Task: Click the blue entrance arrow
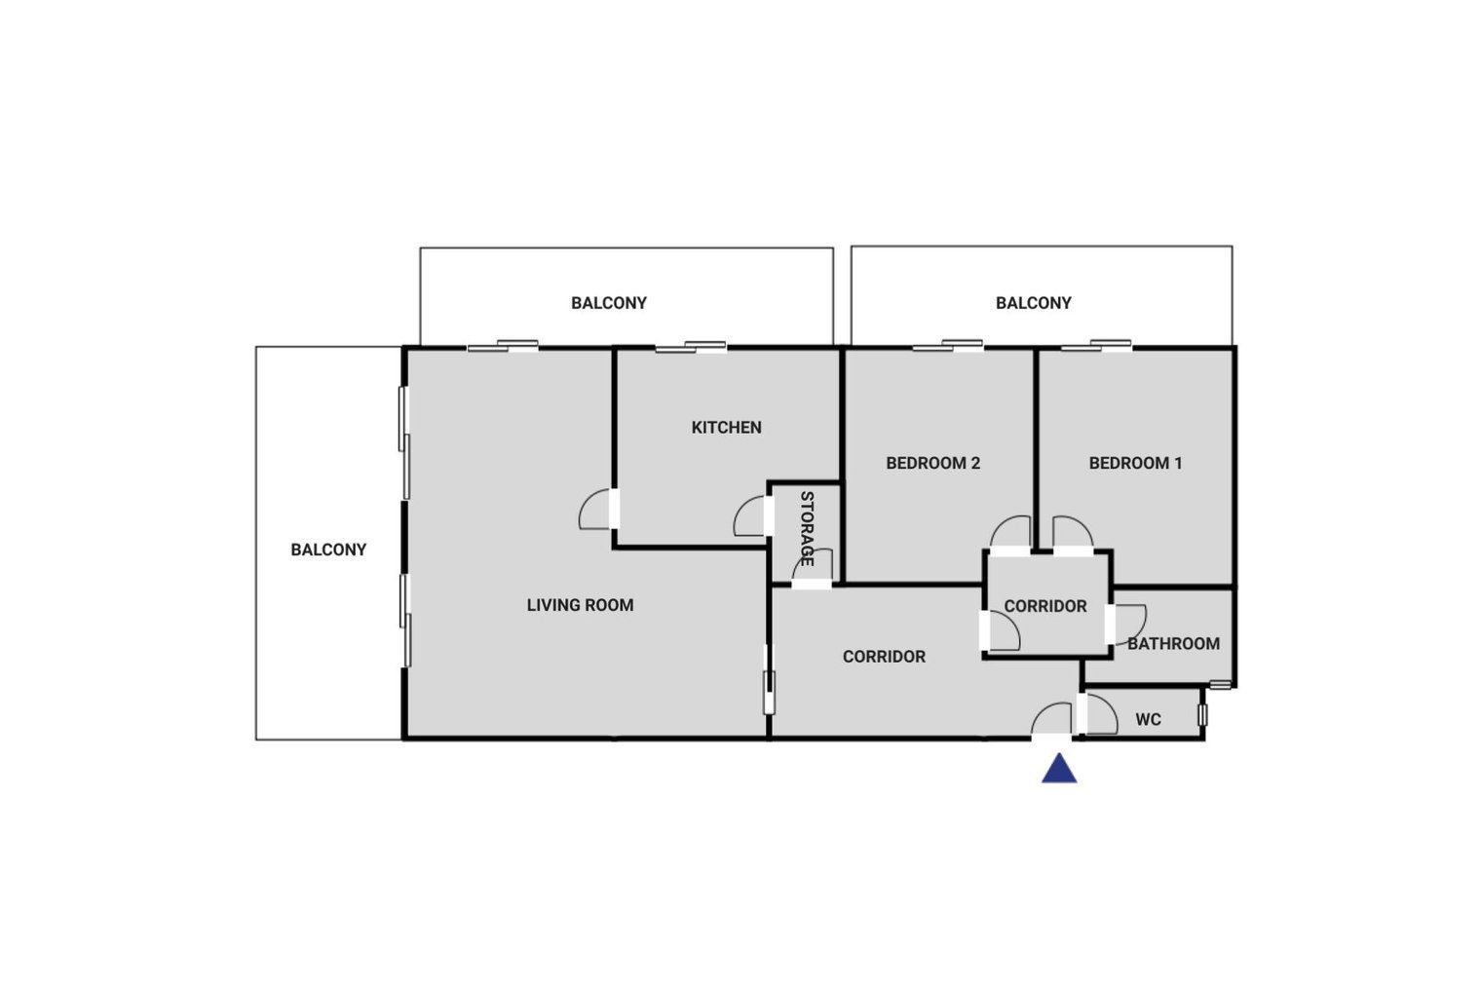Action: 1059,769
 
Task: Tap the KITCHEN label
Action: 726,428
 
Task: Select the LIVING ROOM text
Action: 580,605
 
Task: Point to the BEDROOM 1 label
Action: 1135,464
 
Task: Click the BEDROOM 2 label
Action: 932,464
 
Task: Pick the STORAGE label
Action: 807,528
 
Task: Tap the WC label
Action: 1149,720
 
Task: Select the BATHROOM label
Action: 1173,644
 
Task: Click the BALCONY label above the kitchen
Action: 609,303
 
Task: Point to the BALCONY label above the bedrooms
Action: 1034,303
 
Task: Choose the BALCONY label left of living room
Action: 328,550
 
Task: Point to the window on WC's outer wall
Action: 1202,714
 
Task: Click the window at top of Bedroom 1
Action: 1096,345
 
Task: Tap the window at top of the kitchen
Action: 691,347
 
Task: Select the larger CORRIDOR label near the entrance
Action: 884,657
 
